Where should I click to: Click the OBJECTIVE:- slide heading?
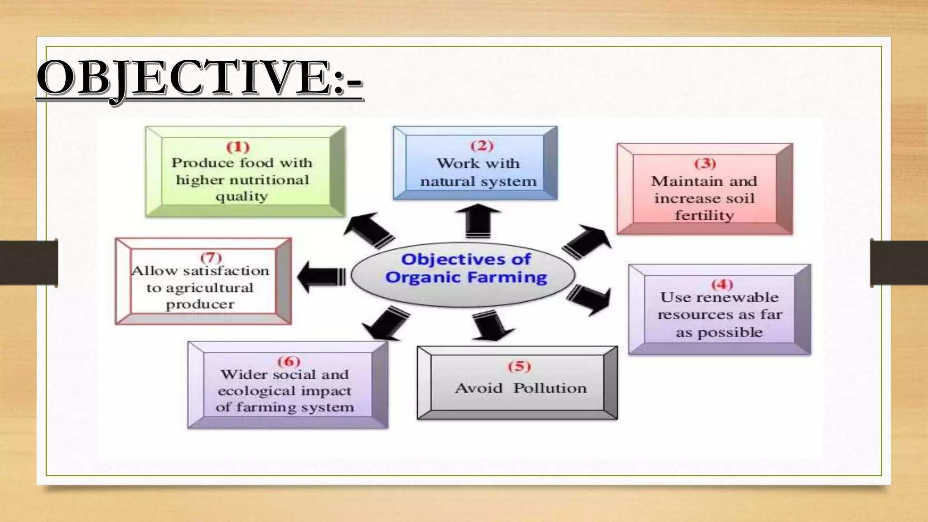(199, 79)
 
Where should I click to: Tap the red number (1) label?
(238, 147)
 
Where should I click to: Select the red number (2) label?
(482, 146)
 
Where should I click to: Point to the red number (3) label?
(705, 164)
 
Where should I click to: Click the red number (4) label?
(722, 285)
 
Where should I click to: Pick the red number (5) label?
(519, 366)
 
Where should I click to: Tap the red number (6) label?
(289, 362)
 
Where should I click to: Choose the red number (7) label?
(211, 258)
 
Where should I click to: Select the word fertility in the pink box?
(704, 216)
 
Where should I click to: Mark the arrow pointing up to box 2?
(478, 221)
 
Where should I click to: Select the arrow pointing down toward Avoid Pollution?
(492, 325)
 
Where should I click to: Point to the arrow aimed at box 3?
(587, 241)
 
